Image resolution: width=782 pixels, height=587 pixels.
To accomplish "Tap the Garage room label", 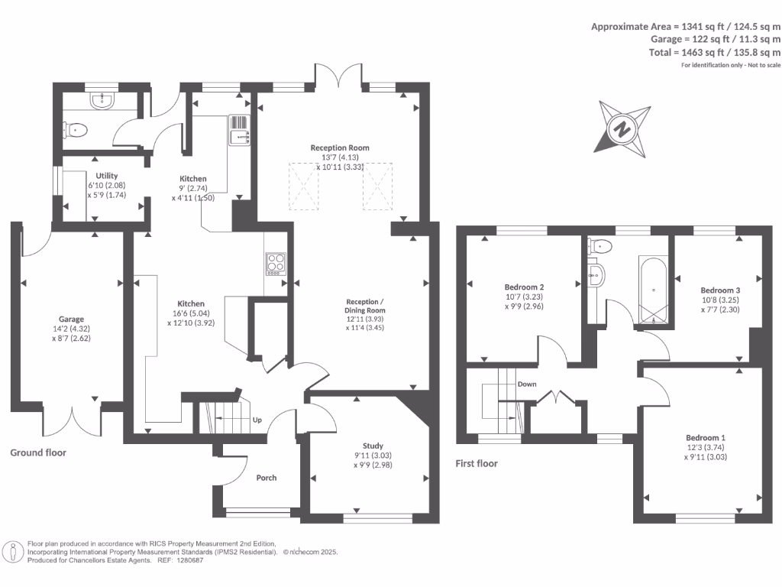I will click(x=72, y=319).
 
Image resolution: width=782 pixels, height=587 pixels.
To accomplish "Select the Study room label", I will click(x=373, y=446).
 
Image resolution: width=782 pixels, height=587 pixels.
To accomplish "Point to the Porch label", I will click(x=267, y=478).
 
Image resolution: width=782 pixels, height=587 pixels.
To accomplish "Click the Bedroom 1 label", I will click(x=706, y=437).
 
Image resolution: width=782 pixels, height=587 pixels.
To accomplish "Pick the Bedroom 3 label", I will click(x=721, y=290).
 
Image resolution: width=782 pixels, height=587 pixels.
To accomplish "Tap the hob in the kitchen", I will click(x=275, y=264).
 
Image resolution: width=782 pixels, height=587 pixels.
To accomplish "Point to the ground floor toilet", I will click(x=77, y=131).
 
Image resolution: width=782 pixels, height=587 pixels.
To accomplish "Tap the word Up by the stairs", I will click(x=257, y=420).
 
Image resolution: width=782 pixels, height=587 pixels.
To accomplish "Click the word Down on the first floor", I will click(x=527, y=384).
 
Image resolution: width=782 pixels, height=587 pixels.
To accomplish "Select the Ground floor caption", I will click(x=38, y=452).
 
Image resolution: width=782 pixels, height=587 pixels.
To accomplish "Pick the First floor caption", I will click(x=477, y=463).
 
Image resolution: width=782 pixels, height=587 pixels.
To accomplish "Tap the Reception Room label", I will click(x=339, y=148).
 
